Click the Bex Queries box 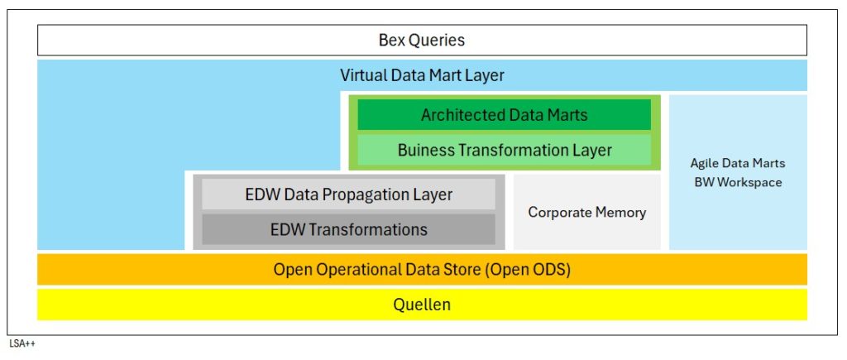click(x=422, y=40)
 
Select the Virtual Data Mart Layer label click(x=422, y=75)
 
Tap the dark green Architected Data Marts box click(x=504, y=114)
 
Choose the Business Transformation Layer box click(x=504, y=150)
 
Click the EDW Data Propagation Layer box click(x=348, y=194)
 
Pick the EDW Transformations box click(x=348, y=229)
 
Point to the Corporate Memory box click(x=586, y=212)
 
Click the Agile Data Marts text click(x=738, y=163)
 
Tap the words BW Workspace click(x=738, y=182)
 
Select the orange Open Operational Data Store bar click(x=422, y=269)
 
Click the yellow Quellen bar click(x=422, y=305)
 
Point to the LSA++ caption click(x=22, y=343)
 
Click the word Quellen click(x=422, y=305)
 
